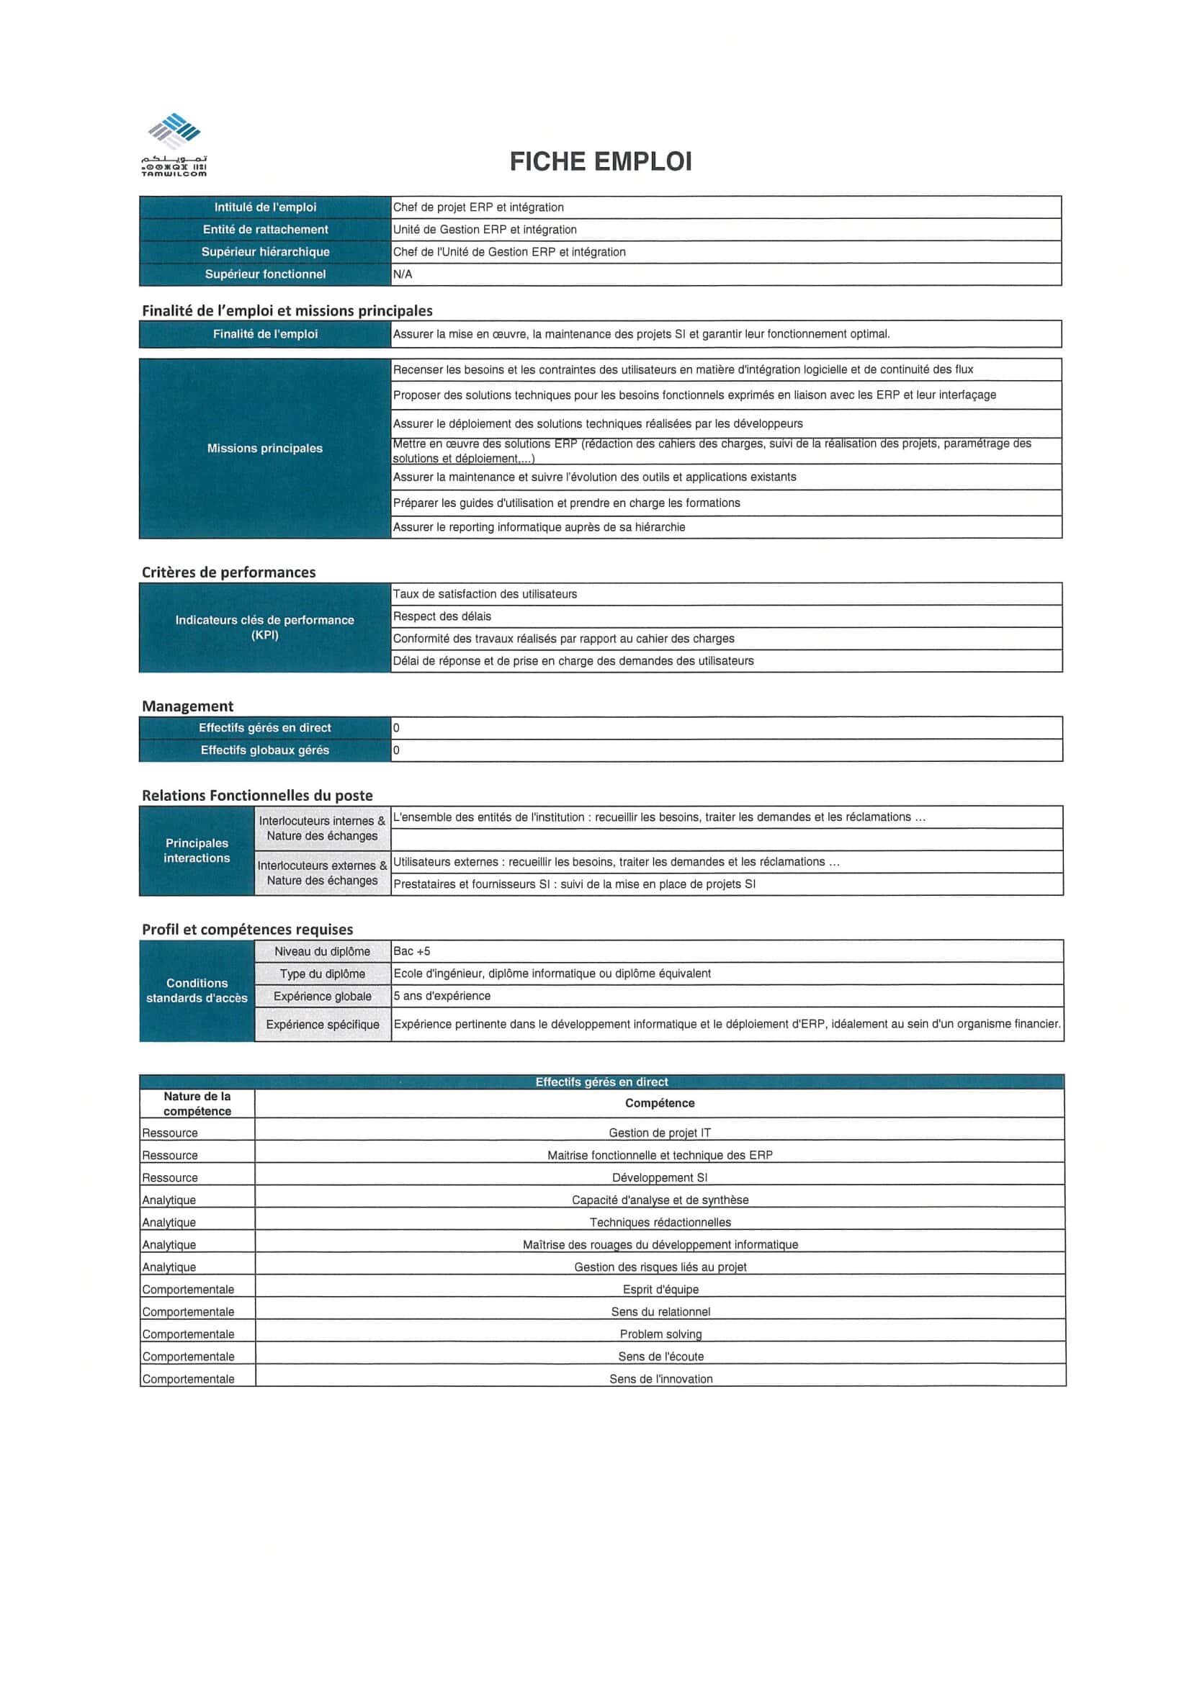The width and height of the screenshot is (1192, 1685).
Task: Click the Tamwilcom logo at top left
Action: [x=174, y=145]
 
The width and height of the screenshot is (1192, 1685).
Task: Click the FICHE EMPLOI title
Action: [x=601, y=161]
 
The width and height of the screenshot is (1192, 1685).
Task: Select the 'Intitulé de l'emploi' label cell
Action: [x=265, y=207]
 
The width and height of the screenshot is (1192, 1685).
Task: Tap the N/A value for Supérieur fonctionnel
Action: [x=403, y=274]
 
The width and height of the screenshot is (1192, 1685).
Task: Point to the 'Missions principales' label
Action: [x=264, y=448]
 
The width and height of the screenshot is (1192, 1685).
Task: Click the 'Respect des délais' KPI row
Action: [x=442, y=616]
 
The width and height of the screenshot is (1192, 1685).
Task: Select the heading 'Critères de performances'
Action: [x=228, y=572]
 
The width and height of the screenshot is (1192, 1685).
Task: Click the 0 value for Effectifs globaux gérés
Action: [x=396, y=750]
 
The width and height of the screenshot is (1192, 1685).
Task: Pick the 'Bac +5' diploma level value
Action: [x=412, y=951]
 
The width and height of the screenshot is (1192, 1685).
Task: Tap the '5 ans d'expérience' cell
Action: [x=442, y=996]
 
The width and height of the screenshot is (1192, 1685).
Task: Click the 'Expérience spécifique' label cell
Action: [x=322, y=1025]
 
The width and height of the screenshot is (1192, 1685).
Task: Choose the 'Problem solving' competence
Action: [x=660, y=1334]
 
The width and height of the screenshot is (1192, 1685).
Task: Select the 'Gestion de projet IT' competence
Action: [x=659, y=1133]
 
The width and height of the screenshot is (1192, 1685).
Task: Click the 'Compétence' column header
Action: [x=659, y=1103]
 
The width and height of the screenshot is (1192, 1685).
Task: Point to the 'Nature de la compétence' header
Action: [x=197, y=1103]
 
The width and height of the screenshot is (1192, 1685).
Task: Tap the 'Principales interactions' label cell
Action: [x=197, y=850]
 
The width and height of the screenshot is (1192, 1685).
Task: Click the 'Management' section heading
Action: [x=187, y=706]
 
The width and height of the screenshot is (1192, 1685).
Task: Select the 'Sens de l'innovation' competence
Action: [x=660, y=1379]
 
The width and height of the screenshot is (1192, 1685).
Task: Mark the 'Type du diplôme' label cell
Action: [x=322, y=974]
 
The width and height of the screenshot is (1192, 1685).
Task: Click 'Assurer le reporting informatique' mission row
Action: [x=539, y=527]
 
